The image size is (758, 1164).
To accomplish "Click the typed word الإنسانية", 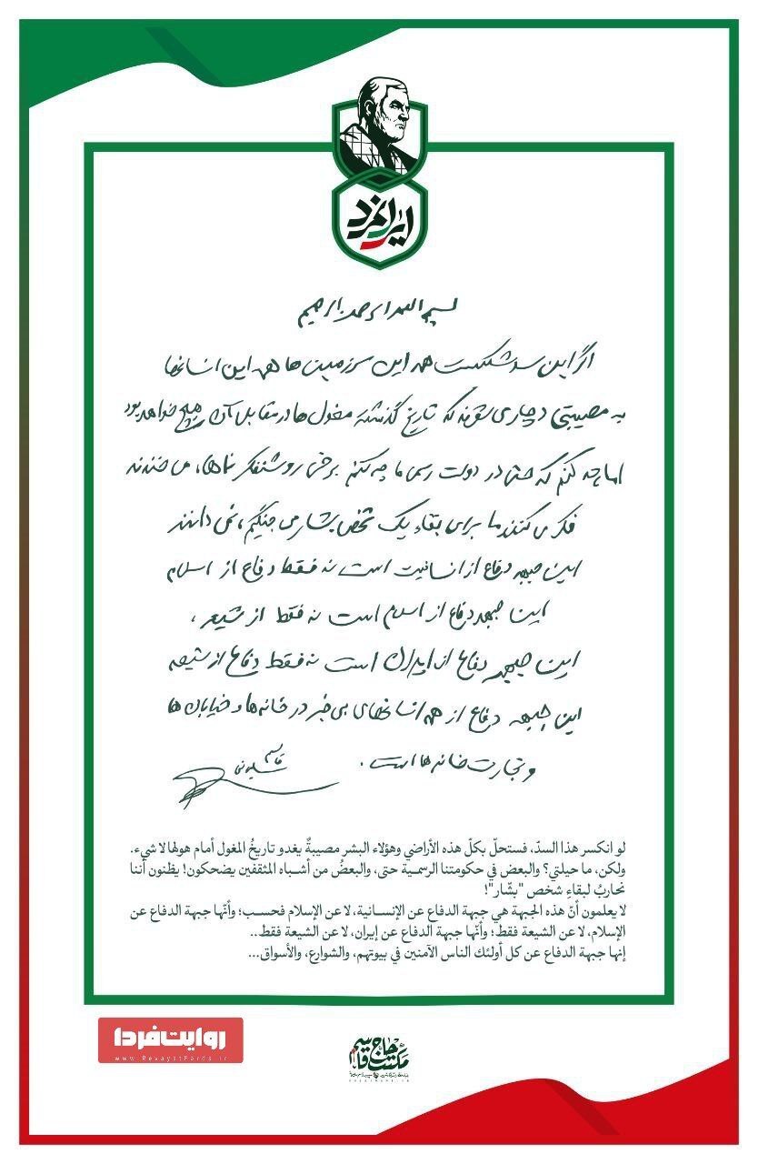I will pyautogui.click(x=404, y=911).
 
